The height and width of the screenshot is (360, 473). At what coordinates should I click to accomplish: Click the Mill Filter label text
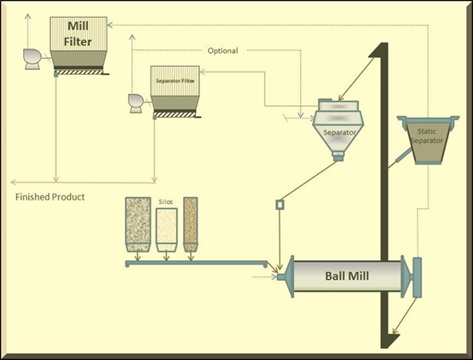[78, 34]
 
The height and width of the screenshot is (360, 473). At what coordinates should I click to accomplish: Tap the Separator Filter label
[176, 81]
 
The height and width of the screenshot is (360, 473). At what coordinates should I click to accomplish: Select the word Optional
[222, 50]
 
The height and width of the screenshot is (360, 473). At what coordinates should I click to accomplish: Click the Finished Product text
[50, 197]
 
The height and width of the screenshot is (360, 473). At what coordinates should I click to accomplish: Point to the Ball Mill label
[347, 276]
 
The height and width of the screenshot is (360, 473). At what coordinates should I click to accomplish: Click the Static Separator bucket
[428, 140]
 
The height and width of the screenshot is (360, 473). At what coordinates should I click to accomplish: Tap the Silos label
[165, 201]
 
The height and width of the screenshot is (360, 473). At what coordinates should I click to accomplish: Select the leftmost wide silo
[138, 224]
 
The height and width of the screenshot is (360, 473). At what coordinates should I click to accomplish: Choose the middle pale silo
[166, 230]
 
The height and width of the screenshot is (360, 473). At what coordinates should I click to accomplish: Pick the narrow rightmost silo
[190, 224]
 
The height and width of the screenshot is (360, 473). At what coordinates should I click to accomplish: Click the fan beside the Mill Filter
[32, 59]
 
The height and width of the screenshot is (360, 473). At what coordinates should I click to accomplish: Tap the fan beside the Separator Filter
[136, 103]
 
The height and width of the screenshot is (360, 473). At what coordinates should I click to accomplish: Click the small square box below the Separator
[280, 205]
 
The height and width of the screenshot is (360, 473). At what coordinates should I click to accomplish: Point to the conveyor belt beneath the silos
[196, 264]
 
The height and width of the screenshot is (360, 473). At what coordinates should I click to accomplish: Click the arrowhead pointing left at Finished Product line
[14, 182]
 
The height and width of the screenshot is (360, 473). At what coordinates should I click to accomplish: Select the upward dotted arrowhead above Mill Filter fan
[27, 16]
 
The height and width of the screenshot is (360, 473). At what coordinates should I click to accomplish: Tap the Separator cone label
[339, 132]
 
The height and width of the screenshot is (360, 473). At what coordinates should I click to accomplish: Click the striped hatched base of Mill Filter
[78, 73]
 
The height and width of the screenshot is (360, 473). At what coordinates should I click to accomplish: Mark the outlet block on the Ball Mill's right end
[418, 277]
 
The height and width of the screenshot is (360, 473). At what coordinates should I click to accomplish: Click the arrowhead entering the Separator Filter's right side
[203, 72]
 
